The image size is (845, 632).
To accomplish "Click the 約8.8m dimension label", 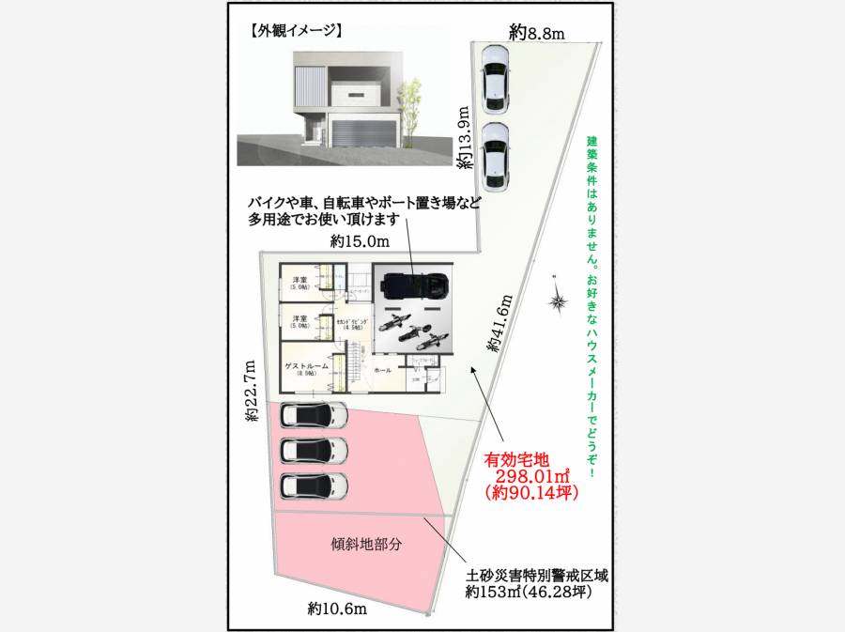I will tap(537, 34).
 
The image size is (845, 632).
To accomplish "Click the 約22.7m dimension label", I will tap(251, 392).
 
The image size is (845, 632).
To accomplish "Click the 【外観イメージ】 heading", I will tap(296, 30).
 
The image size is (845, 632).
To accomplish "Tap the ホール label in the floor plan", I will tap(383, 371).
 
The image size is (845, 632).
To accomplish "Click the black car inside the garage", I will tap(413, 284).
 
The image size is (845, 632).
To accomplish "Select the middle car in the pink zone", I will tap(314, 450).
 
